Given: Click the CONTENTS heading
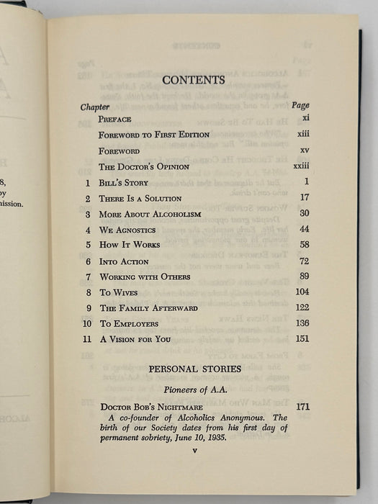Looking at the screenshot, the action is [194, 80].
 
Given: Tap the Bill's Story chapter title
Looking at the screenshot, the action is [124, 182].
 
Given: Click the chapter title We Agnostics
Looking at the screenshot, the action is [130, 230].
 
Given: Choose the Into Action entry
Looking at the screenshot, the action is [124, 261].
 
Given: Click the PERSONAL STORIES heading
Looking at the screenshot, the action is [194, 369].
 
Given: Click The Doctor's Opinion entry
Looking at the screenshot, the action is [144, 166].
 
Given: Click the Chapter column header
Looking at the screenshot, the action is [95, 106].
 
